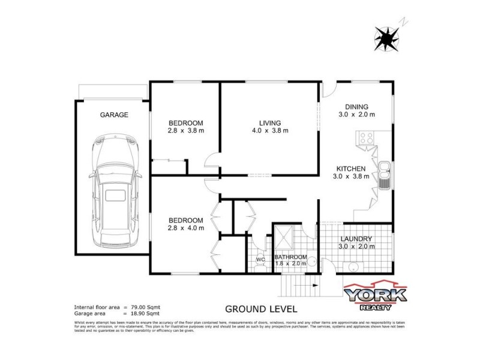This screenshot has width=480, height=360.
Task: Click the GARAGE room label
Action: (x=114, y=115)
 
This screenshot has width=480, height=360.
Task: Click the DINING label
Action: (x=356, y=106)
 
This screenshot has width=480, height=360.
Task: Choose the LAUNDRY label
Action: (x=356, y=238)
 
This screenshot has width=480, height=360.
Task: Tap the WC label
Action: (x=260, y=260)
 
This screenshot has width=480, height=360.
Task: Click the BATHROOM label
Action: (x=291, y=257)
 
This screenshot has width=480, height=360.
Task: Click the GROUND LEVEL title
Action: (x=261, y=310)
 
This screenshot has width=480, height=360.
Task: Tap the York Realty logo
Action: (x=375, y=296)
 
